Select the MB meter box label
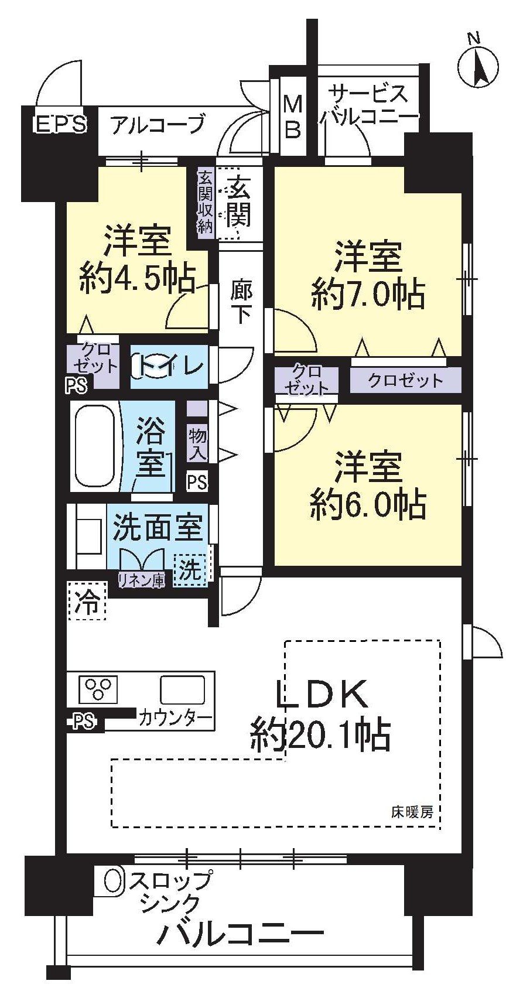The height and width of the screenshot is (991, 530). click(292, 117)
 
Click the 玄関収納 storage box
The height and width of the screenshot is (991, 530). click(204, 203)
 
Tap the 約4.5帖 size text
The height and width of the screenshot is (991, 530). click(137, 279)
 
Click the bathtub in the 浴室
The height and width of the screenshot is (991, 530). click(93, 446)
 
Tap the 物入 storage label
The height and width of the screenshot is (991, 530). click(197, 443)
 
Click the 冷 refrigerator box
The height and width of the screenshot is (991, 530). click(87, 601)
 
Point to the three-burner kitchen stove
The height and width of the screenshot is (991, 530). click(98, 689)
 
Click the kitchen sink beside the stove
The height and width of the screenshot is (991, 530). click(182, 690)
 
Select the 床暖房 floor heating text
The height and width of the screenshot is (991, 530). click(412, 812)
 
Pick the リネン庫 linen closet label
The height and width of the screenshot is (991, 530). click(141, 580)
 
